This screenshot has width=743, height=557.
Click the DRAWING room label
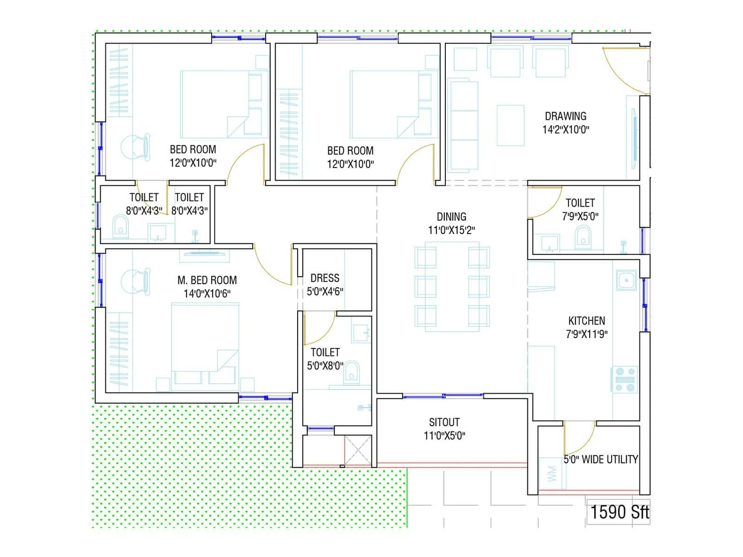pos(566,116)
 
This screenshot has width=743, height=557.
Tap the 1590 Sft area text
pos(619,512)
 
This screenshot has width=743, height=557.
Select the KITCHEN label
pos(587,321)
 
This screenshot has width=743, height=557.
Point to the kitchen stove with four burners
pos(625,379)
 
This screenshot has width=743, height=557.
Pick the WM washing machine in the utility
pos(552,473)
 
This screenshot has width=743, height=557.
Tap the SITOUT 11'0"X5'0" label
pos(444,429)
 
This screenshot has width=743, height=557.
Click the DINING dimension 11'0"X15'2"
pos(451,230)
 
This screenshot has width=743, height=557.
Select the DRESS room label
pos(325,278)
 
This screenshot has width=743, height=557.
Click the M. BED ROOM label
pos(207,280)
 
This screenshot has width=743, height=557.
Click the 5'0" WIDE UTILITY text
pos(600,460)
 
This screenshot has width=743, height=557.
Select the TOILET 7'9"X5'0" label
pos(580,209)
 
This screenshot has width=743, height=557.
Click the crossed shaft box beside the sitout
pos(358,450)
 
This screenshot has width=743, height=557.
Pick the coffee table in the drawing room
pos(510,125)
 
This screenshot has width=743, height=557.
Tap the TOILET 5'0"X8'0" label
pos(325,359)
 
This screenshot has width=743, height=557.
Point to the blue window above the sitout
pos(443,396)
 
